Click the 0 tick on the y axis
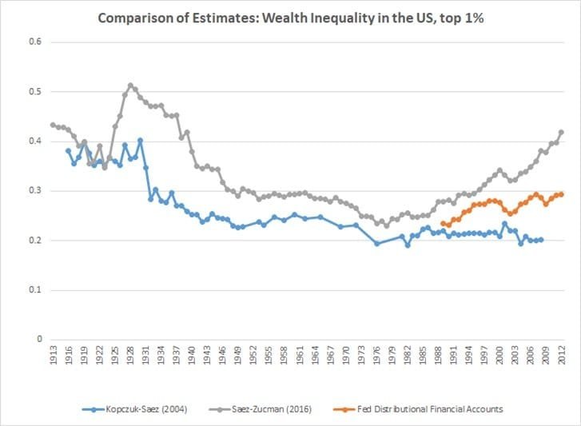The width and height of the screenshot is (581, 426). (x=37, y=339)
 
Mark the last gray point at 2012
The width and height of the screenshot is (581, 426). (x=561, y=132)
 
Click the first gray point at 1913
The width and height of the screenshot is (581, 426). (x=53, y=125)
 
